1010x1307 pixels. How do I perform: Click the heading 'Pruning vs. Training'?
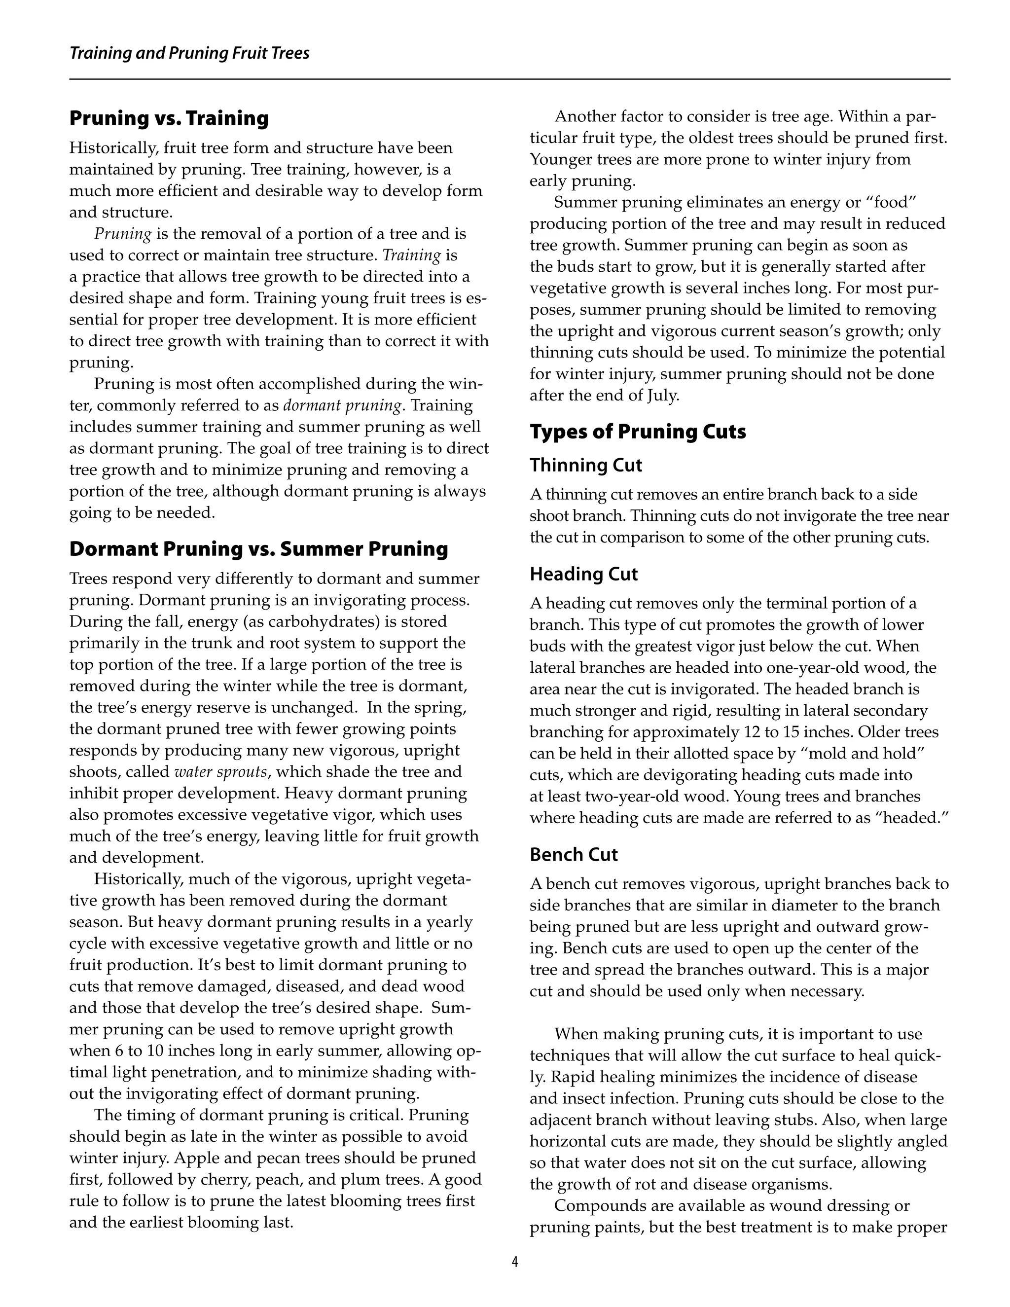(169, 118)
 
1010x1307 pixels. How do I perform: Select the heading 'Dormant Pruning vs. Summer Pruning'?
(258, 549)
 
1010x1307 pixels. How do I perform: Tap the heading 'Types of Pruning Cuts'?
(638, 432)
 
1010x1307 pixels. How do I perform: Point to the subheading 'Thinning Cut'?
(586, 465)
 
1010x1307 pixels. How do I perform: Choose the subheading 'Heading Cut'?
(584, 574)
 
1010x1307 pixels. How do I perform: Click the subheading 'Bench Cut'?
(573, 855)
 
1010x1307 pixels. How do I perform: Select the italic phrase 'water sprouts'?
(219, 772)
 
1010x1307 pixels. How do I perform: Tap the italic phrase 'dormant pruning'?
(342, 406)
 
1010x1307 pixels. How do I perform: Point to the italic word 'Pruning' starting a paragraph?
(123, 234)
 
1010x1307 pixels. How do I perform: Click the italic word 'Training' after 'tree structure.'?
(412, 255)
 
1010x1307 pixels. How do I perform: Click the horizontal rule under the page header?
(509, 79)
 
